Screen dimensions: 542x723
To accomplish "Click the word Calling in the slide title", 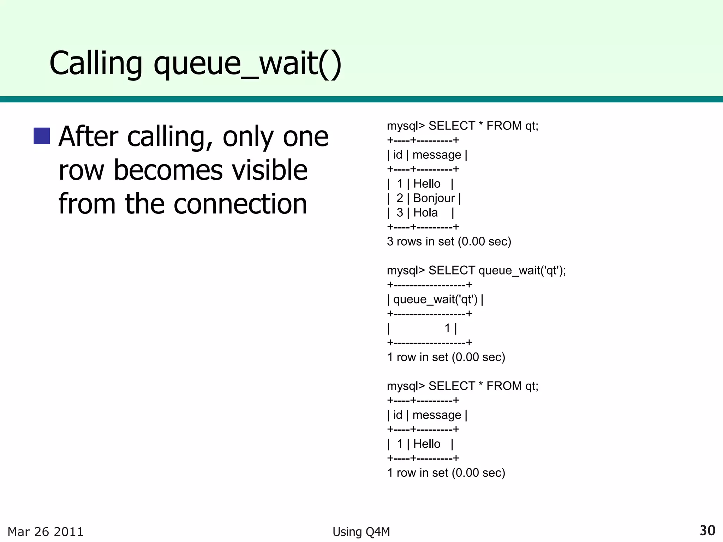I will (96, 64).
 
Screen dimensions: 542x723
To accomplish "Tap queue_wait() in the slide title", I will (247, 64).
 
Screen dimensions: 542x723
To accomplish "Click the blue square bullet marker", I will (42, 136).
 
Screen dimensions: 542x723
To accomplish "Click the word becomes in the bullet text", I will (168, 170).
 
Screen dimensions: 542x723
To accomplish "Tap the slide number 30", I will (707, 530).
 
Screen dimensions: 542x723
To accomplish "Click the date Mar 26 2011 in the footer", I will (46, 532).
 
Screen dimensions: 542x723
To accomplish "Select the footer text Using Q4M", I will (361, 532).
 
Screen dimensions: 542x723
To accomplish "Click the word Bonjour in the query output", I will (434, 198).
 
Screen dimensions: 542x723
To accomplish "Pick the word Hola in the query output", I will (425, 213).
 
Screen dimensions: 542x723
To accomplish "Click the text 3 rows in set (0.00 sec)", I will (449, 242).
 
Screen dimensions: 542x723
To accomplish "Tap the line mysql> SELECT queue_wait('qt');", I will (476, 271).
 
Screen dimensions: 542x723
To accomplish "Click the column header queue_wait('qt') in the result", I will (435, 300).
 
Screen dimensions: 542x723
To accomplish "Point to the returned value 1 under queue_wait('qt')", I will (447, 329).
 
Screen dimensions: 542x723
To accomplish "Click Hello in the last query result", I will (427, 444).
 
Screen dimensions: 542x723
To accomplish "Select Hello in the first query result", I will (427, 184).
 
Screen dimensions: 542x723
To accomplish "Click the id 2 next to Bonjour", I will (400, 198).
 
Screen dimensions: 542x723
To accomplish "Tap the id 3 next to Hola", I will (400, 213).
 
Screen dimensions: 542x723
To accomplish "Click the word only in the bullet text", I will (247, 137).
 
